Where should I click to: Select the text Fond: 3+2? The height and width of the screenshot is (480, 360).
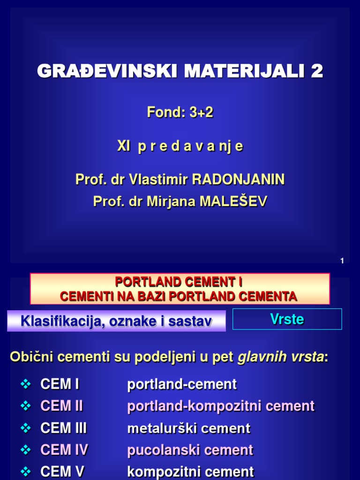point(180,112)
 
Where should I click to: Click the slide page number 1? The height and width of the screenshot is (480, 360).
point(342,261)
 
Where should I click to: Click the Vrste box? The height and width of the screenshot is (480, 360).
point(287,319)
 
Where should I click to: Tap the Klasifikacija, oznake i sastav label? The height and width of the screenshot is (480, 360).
point(116,322)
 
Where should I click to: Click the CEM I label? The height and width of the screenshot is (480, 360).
point(60,385)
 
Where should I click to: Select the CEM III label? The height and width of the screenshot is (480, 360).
point(64,428)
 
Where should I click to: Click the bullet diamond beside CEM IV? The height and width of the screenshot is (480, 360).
point(26,450)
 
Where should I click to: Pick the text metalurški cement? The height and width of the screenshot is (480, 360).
point(189,428)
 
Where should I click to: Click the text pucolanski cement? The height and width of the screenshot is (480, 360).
point(190,450)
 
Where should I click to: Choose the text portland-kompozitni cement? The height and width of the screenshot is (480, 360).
point(221,406)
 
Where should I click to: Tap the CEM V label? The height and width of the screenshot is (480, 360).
point(62,472)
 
